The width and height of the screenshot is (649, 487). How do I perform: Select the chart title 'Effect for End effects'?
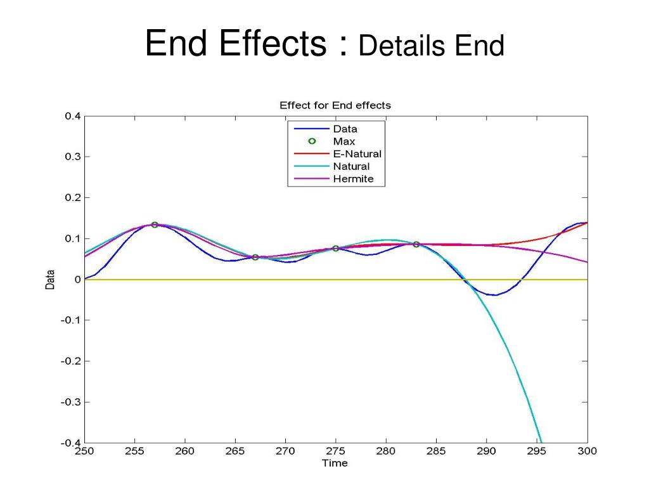click(x=335, y=105)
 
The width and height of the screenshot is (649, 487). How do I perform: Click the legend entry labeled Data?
click(x=345, y=129)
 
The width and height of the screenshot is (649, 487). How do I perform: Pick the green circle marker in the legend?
click(x=312, y=141)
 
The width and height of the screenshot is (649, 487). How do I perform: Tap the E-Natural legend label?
click(x=357, y=153)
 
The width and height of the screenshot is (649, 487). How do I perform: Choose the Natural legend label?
click(x=351, y=166)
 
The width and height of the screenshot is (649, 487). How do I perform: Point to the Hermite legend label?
click(x=353, y=178)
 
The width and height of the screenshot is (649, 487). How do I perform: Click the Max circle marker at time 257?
click(x=155, y=225)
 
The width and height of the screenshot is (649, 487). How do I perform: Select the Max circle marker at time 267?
click(x=255, y=257)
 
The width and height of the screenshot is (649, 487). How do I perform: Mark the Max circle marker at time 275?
click(x=336, y=249)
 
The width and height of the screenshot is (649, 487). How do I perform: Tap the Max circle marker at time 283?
click(x=416, y=244)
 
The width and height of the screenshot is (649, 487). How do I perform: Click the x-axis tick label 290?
click(x=486, y=451)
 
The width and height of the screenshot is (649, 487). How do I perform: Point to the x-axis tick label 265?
click(x=235, y=451)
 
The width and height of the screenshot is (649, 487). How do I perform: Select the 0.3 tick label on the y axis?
click(x=73, y=157)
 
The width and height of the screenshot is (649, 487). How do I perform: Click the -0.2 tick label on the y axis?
click(x=71, y=361)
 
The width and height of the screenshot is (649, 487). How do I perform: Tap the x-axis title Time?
click(x=335, y=463)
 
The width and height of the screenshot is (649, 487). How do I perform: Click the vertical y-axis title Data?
click(x=50, y=280)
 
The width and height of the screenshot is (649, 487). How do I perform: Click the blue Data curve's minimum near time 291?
click(x=494, y=295)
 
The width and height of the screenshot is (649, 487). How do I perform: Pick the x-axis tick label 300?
click(x=588, y=451)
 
